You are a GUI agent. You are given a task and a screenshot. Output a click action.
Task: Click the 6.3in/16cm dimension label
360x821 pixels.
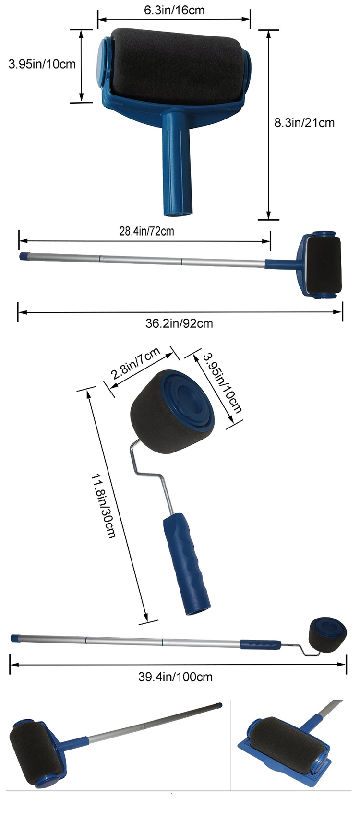174,10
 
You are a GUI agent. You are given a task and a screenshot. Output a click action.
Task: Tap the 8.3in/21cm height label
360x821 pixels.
304,123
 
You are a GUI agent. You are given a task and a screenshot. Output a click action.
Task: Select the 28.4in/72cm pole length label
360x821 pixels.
146,231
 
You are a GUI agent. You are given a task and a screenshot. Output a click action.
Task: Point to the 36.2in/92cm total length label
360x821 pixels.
179,323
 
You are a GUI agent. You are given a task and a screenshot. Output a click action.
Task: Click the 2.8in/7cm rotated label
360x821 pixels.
136,363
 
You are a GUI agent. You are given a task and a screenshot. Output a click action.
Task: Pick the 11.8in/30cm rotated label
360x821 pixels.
103,506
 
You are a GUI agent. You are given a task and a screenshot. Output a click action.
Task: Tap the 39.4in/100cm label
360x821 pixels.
175,677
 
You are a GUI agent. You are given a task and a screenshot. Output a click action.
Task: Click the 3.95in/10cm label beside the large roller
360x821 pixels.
42,64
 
